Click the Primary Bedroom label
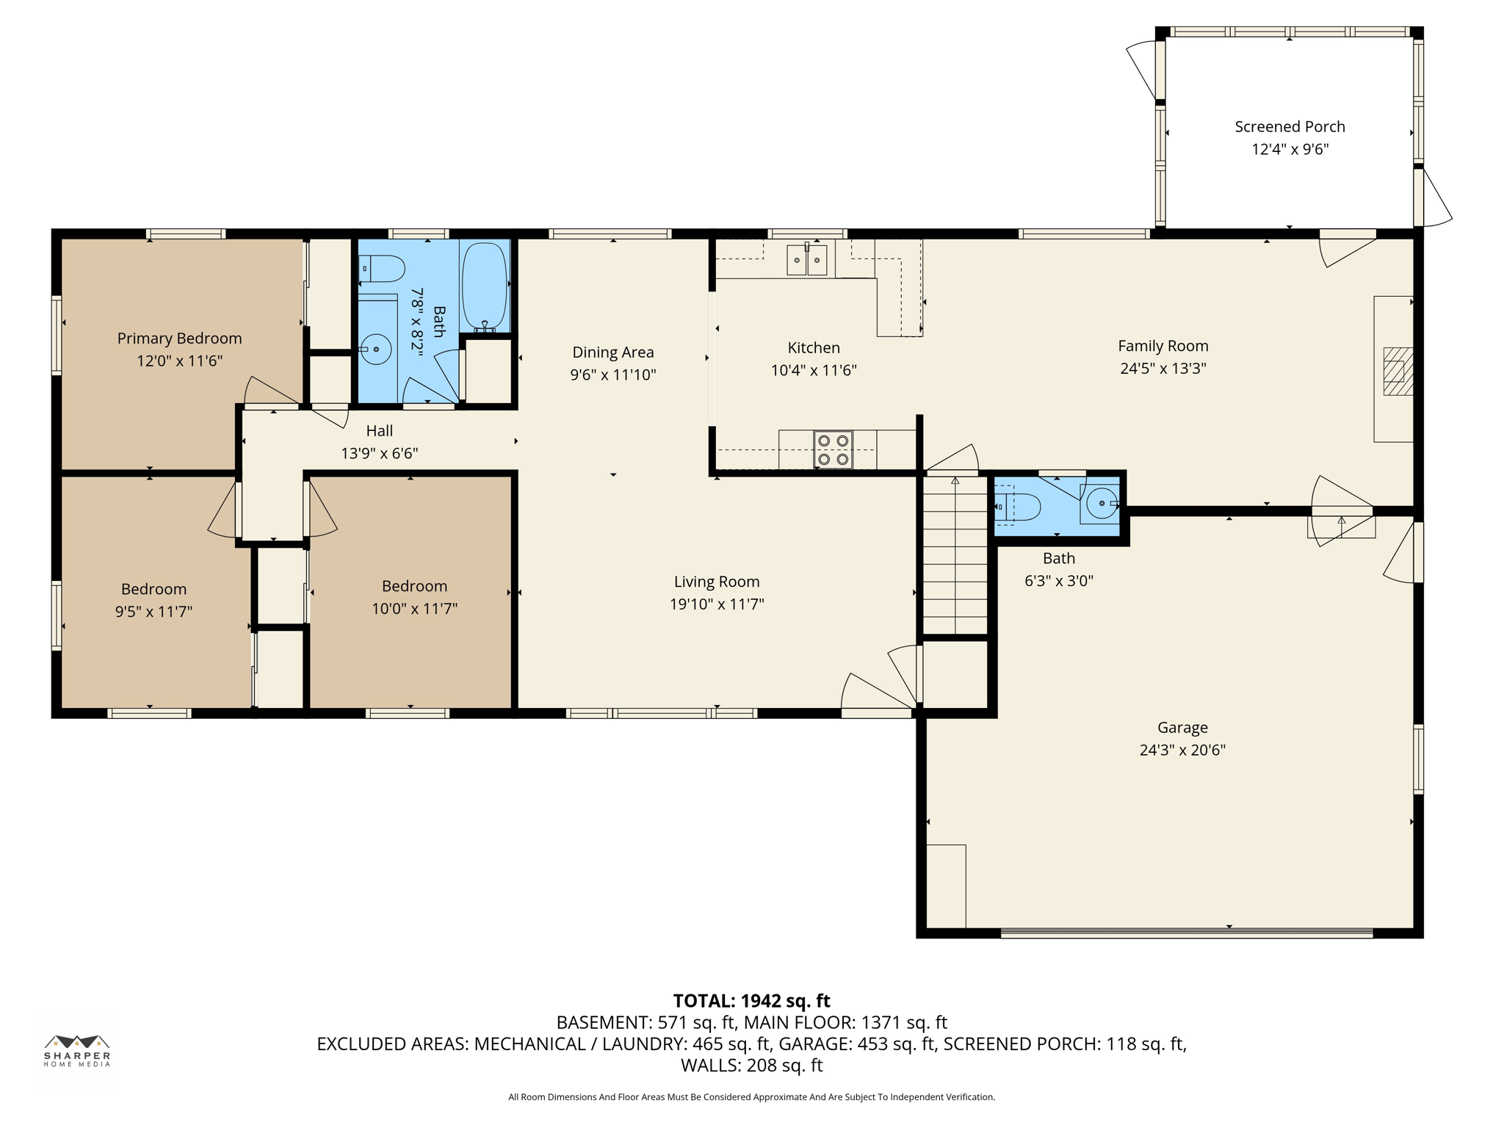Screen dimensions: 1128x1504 coord(179,339)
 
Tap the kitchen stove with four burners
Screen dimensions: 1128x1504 coord(833,449)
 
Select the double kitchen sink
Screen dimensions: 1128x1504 coord(806,260)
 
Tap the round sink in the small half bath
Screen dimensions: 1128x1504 coord(1102,504)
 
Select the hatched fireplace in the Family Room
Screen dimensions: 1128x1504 coord(1398,372)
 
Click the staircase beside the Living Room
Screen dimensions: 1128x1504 coord(955,555)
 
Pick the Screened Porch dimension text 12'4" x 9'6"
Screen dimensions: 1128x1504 coord(1290,150)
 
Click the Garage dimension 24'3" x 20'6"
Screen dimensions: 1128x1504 coord(1182,750)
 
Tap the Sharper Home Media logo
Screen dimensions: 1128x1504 coord(77,1049)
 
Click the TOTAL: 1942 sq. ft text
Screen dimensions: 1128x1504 coord(751,1001)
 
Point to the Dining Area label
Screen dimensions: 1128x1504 coord(612,352)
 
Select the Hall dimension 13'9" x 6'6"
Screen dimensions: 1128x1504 coord(379,454)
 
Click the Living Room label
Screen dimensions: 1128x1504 coord(717,582)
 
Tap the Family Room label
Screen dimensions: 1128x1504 coord(1163,346)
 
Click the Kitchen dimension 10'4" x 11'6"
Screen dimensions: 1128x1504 coord(813,371)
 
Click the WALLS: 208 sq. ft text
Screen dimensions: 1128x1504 coord(751,1065)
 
